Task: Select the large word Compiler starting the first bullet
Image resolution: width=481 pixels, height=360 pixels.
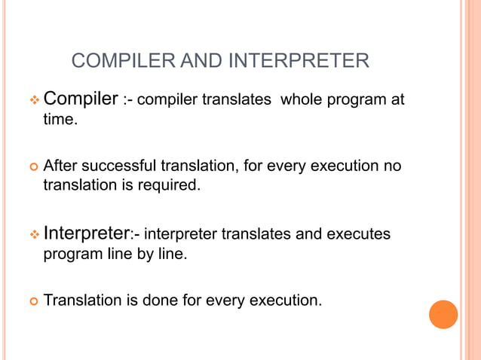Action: (x=81, y=99)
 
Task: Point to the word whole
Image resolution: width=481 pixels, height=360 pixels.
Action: (x=300, y=100)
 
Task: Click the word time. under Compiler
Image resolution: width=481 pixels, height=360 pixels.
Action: (x=60, y=120)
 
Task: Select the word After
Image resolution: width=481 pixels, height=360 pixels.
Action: (x=63, y=165)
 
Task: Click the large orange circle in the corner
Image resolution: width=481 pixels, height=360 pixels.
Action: (x=443, y=314)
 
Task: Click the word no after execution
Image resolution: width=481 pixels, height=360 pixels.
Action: (x=392, y=165)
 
